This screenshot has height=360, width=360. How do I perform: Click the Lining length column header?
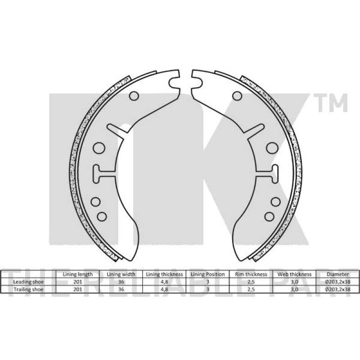tap(77, 274)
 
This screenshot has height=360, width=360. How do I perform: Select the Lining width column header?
tap(121, 274)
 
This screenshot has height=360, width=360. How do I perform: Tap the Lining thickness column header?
tap(164, 274)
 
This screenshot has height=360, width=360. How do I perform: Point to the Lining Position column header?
tap(207, 274)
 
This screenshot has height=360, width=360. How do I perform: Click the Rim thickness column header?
tap(251, 274)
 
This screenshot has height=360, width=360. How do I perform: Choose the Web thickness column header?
tap(294, 274)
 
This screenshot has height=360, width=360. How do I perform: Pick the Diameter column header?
tap(338, 274)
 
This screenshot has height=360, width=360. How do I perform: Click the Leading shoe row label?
tap(28, 282)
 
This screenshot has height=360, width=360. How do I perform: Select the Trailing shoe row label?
tap(28, 289)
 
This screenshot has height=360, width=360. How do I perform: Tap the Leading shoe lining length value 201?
tap(77, 282)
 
